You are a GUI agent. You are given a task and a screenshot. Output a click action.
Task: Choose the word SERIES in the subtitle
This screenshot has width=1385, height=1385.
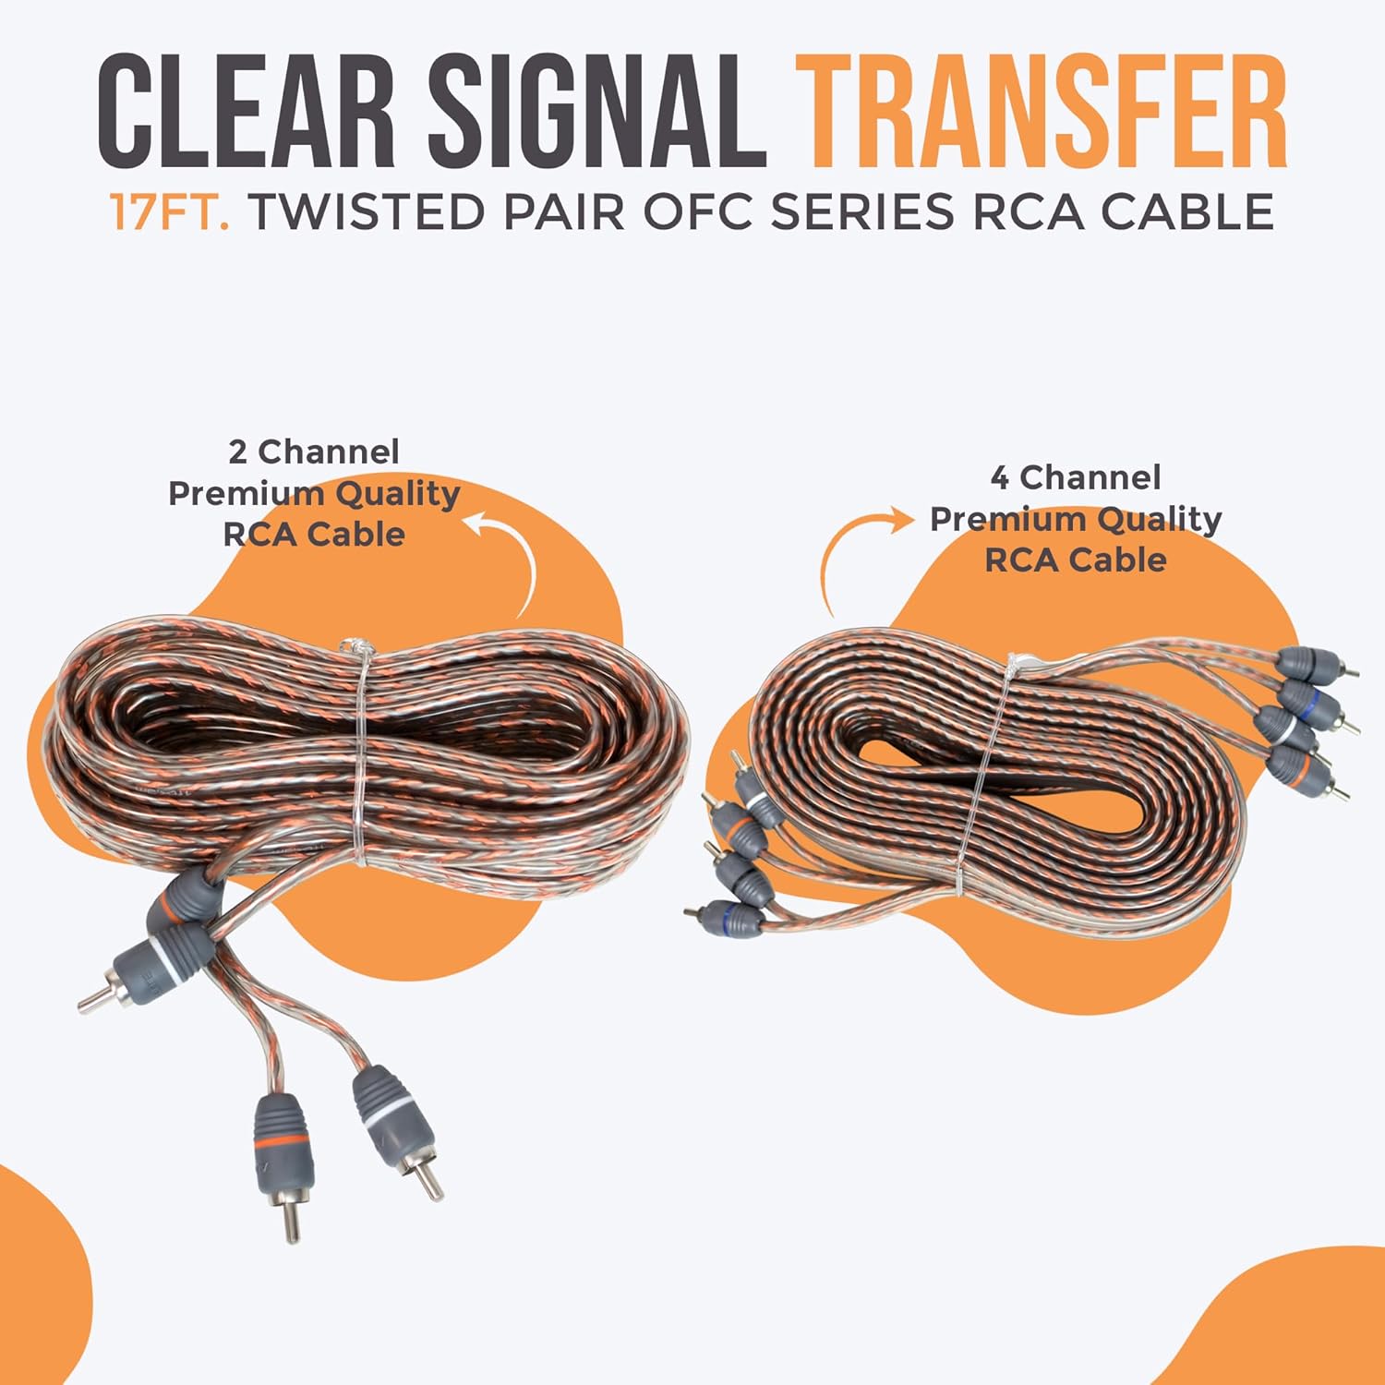pos(861,211)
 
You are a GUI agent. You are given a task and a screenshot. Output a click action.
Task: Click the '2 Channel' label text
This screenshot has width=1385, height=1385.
pos(314,452)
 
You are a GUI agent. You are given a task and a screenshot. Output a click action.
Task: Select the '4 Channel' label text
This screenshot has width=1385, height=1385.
pos(1076,477)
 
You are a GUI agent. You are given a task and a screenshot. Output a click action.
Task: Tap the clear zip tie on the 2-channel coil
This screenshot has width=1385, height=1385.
pos(356,753)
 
